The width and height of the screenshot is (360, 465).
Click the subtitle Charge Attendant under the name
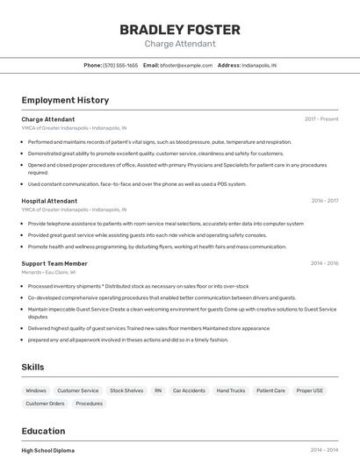pyautogui.click(x=179, y=44)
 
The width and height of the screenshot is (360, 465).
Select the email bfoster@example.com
pyautogui.click(x=186, y=65)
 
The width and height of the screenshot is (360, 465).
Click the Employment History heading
pyautogui.click(x=65, y=100)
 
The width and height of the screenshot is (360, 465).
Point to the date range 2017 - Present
pyautogui.click(x=321, y=118)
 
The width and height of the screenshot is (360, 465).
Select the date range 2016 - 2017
pyautogui.click(x=325, y=200)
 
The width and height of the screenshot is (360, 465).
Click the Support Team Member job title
pyautogui.click(x=54, y=263)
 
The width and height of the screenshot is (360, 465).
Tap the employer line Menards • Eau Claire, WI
pyautogui.click(x=48, y=272)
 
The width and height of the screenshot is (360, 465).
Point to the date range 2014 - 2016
pyautogui.click(x=325, y=263)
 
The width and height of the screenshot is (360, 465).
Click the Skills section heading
pyautogui.click(x=32, y=367)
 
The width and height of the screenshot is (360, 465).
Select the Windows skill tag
pyautogui.click(x=36, y=390)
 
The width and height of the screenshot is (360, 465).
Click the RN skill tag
pyautogui.click(x=158, y=390)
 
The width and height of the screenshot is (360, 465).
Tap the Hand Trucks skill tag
pyautogui.click(x=231, y=390)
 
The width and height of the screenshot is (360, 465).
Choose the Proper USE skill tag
pyautogui.click(x=310, y=390)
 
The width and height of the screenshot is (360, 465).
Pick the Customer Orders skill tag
pyautogui.click(x=45, y=404)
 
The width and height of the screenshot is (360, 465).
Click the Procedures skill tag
pyautogui.click(x=89, y=404)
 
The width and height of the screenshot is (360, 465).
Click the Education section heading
pyautogui.click(x=44, y=431)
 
